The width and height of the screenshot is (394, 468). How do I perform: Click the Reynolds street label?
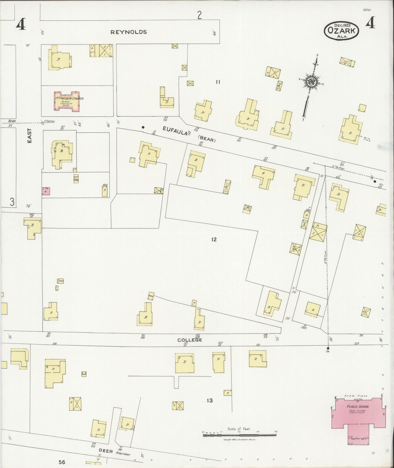click(128, 32)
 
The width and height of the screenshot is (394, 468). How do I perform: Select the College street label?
click(190, 340)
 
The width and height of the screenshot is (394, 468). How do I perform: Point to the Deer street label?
click(106, 451)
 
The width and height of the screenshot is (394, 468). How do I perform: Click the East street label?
click(29, 136)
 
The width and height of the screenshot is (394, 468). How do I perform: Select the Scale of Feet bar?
click(239, 434)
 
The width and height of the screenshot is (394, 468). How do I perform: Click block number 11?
click(218, 82)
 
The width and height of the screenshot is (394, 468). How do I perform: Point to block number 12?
click(214, 239)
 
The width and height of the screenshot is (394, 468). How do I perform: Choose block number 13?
click(209, 401)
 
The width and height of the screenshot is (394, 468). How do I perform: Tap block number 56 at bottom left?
click(62, 462)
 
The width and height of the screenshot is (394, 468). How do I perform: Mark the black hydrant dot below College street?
click(328, 348)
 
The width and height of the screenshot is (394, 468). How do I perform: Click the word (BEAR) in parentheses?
click(207, 140)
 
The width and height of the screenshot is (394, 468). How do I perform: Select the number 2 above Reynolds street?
click(199, 16)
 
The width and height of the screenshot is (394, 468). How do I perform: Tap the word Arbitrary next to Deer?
click(122, 455)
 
